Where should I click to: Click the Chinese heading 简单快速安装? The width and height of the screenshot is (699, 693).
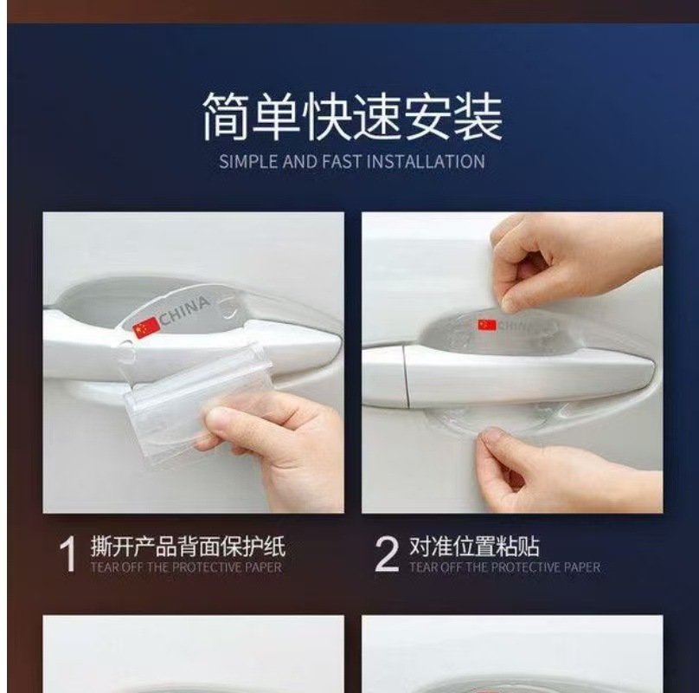[353, 116]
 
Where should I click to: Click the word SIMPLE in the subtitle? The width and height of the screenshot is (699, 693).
[248, 161]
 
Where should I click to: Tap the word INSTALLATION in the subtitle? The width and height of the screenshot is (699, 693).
[426, 161]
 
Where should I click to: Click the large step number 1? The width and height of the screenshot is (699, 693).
[67, 554]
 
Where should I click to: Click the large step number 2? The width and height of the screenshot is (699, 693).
[387, 554]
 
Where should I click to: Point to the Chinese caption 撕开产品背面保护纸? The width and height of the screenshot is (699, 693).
[188, 546]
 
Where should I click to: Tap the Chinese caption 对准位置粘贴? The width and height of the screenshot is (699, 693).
[474, 546]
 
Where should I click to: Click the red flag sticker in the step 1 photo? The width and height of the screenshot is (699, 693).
[146, 327]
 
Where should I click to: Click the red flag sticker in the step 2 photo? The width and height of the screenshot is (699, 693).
[487, 325]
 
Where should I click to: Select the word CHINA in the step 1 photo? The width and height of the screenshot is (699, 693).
[184, 310]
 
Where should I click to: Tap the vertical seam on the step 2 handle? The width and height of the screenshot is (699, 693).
[406, 375]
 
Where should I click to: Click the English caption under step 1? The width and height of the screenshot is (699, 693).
[186, 567]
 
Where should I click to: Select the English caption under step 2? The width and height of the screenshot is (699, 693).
[505, 567]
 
